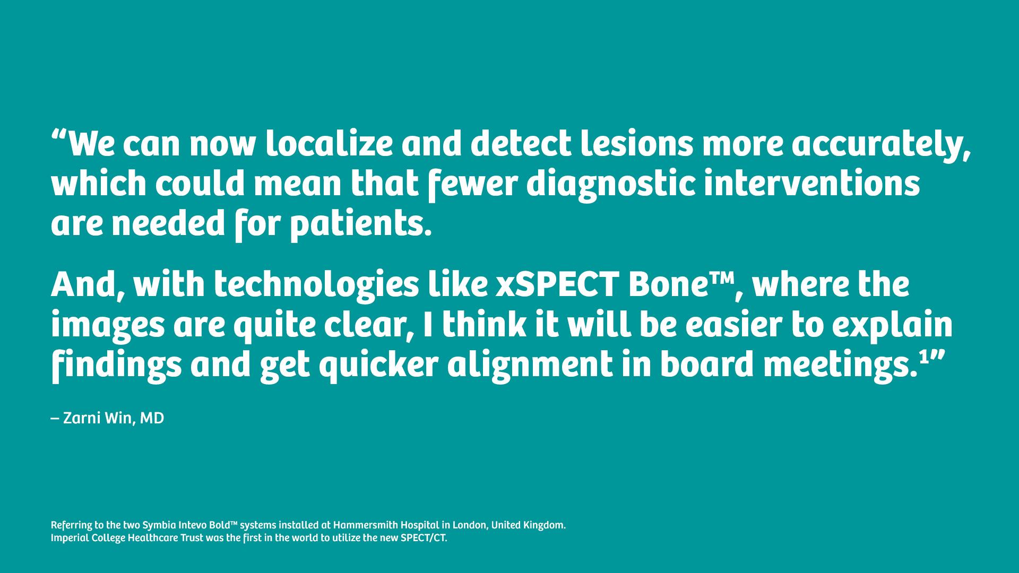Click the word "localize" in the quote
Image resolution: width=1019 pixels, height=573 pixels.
[329, 144]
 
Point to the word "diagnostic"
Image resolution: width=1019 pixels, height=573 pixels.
[610, 184]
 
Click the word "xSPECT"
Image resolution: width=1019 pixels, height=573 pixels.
[557, 285]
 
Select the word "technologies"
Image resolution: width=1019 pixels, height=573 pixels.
[316, 285]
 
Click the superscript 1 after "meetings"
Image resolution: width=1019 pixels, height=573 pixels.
[923, 359]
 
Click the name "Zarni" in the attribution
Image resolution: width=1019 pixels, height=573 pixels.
[82, 419]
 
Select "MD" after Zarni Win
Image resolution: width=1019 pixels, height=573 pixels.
[152, 419]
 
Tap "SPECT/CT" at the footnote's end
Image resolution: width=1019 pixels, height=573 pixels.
[424, 538]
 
